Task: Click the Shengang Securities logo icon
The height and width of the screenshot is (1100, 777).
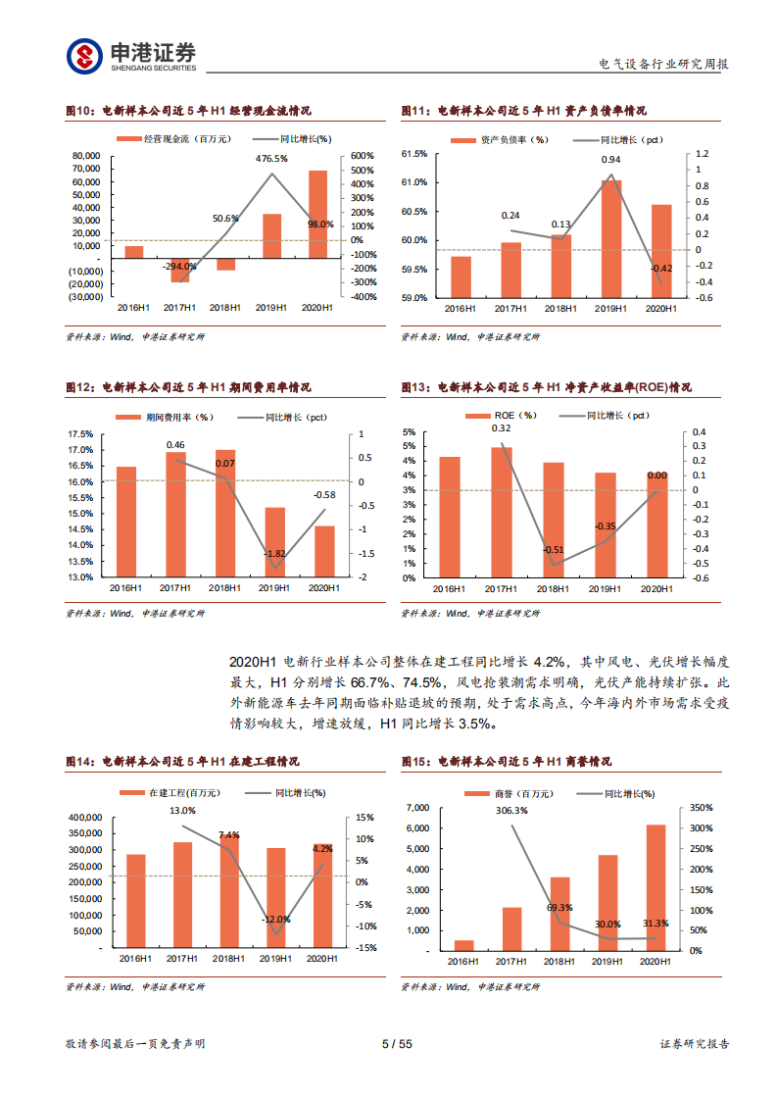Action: click(84, 56)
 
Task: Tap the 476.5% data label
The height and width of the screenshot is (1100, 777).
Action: click(271, 158)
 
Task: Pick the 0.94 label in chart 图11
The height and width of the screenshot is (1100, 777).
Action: click(611, 160)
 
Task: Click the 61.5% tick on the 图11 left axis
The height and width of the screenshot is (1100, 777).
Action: click(414, 154)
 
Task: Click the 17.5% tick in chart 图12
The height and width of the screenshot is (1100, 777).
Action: click(80, 434)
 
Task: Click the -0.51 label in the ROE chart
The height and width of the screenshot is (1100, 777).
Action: click(553, 550)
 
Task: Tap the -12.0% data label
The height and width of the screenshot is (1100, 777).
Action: click(276, 920)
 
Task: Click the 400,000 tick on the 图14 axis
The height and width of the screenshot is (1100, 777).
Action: click(86, 818)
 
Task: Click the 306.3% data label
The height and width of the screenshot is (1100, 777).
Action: click(511, 811)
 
